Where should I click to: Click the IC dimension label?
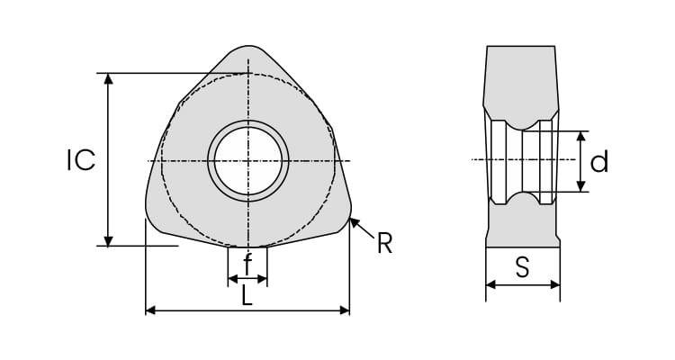point(81,160)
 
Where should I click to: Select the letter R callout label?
point(385,243)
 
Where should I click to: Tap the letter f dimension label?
point(247,264)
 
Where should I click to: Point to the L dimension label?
point(247,296)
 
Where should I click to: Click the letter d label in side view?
point(598,161)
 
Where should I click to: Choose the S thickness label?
point(522,267)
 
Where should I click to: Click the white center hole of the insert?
point(248,160)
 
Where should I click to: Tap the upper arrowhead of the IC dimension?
point(109,78)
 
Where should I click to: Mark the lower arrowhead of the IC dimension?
point(109,241)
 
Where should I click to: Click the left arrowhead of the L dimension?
point(150,310)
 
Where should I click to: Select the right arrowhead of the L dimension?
point(345,310)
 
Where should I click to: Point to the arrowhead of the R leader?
point(355,222)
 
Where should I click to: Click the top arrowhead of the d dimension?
point(581,136)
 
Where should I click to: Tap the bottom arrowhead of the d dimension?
point(581,186)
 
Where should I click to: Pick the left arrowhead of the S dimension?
point(490,284)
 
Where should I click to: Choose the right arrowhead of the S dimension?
point(555,284)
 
